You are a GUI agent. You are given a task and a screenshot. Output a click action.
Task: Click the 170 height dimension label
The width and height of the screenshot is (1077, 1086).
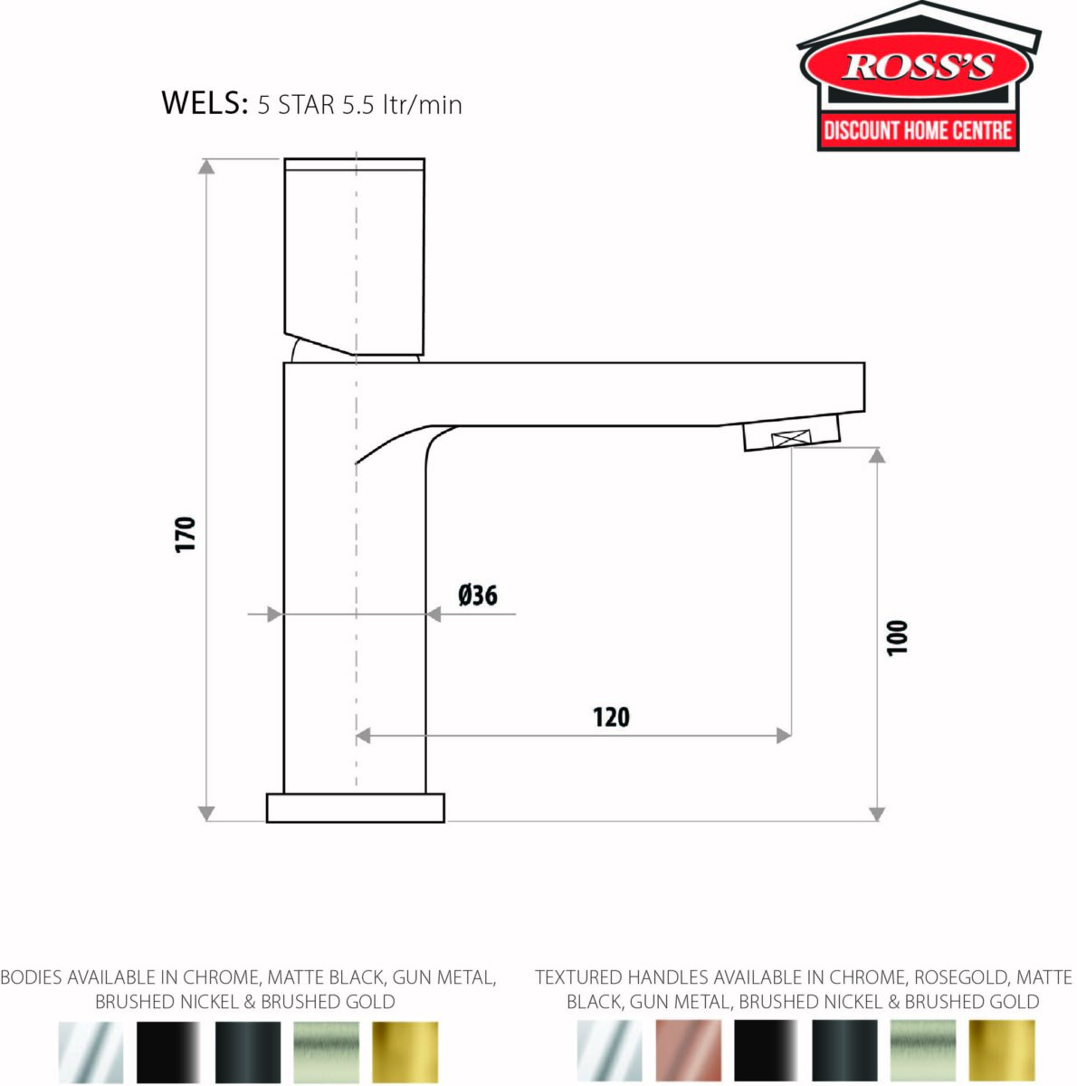point(186,535)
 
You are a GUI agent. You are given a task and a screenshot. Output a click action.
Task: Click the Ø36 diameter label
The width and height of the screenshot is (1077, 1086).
point(478,595)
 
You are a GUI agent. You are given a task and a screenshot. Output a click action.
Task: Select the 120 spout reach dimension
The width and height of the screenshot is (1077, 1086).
point(611,717)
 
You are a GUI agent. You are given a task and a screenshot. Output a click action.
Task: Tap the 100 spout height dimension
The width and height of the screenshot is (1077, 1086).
point(896,637)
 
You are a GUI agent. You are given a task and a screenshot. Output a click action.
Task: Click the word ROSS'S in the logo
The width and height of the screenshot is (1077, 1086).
point(918,67)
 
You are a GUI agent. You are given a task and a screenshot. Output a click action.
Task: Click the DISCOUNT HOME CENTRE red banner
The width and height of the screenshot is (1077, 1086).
point(918,130)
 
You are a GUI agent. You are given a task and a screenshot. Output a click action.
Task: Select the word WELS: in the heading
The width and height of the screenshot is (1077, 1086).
point(205,103)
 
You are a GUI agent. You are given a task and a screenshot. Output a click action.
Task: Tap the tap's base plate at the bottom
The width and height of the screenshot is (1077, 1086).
point(355,808)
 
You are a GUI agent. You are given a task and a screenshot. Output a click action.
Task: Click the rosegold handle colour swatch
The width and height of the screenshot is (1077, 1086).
point(688,1050)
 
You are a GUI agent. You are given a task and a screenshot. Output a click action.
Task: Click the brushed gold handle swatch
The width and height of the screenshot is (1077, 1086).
point(1002,1050)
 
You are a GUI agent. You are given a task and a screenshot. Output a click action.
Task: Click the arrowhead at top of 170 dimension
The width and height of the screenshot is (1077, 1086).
point(207,166)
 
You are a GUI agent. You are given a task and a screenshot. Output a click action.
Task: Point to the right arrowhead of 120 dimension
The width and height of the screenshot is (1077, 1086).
point(784,736)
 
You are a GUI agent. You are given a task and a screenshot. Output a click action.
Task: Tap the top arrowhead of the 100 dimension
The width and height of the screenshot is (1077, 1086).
point(875,453)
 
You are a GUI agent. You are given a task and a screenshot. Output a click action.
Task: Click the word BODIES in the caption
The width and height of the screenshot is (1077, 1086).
point(31,977)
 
